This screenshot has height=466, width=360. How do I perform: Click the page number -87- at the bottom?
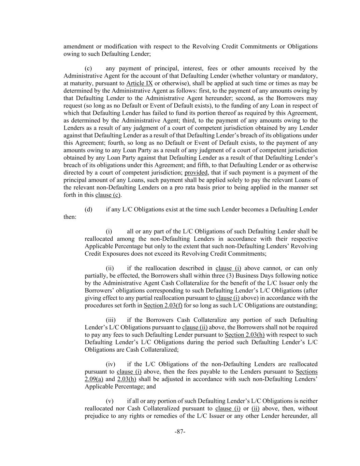coord(180,432)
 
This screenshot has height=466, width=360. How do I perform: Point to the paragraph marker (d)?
coord(88,209)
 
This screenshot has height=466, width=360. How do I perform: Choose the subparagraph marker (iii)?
coord(111,320)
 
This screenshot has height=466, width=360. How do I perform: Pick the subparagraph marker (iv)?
coord(111,364)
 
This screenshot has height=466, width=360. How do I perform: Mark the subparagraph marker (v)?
coord(110,401)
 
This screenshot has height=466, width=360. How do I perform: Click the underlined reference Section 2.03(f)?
coord(163,305)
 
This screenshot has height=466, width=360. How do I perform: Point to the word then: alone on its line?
coord(70,217)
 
